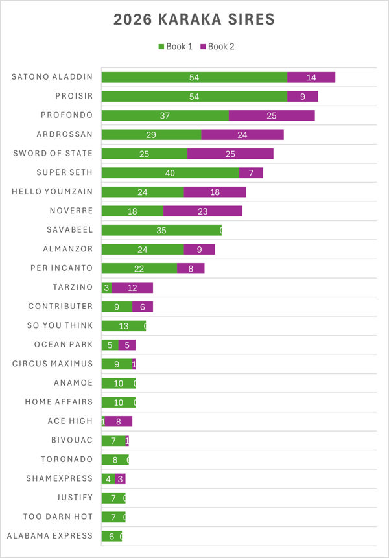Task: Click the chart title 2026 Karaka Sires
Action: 194,19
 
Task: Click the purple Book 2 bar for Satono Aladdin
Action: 311,77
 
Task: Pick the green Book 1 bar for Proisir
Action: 194,97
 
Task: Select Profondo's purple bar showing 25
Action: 272,115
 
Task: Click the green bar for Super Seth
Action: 171,173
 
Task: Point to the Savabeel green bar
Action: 161,230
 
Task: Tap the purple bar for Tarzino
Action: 132,288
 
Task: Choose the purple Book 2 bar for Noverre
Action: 203,211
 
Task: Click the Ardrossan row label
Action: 65,135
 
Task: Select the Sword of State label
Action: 53,154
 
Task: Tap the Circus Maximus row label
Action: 53,364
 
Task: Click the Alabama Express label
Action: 50,536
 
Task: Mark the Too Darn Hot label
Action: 58,517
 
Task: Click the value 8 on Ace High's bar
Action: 119,421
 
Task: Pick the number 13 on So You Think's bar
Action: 123,326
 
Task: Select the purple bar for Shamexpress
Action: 121,479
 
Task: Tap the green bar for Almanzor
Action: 143,250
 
